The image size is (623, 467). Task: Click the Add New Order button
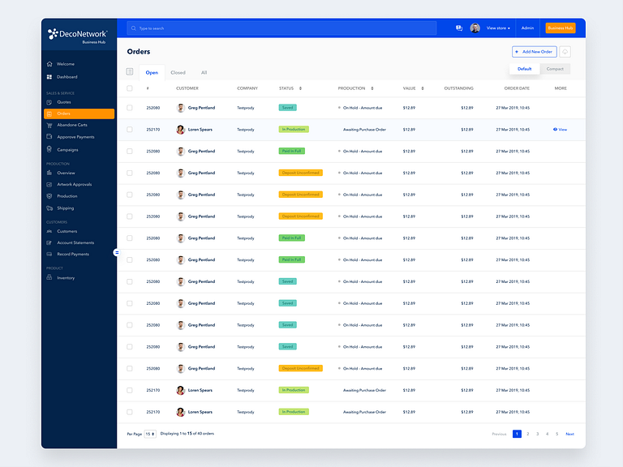point(534,52)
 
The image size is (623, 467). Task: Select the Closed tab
point(178,73)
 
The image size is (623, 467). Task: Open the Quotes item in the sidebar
point(64,102)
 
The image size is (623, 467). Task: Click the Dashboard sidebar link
point(67,77)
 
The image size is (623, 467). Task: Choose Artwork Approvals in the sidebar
point(74,184)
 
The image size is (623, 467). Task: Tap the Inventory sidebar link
point(65,277)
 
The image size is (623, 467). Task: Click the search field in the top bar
point(281,28)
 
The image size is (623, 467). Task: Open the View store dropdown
point(497,28)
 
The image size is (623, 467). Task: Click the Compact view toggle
point(555,69)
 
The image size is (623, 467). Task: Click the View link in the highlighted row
point(560,130)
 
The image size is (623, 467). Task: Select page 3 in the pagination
point(537,434)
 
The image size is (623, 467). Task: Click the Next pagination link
point(569,434)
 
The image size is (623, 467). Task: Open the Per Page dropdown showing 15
point(150,434)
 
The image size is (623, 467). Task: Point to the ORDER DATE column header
point(517,88)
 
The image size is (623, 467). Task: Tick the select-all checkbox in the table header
point(130,88)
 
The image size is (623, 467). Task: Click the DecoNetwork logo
point(78,34)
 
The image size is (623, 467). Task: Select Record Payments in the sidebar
point(72,254)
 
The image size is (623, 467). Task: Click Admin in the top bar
point(527,28)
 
